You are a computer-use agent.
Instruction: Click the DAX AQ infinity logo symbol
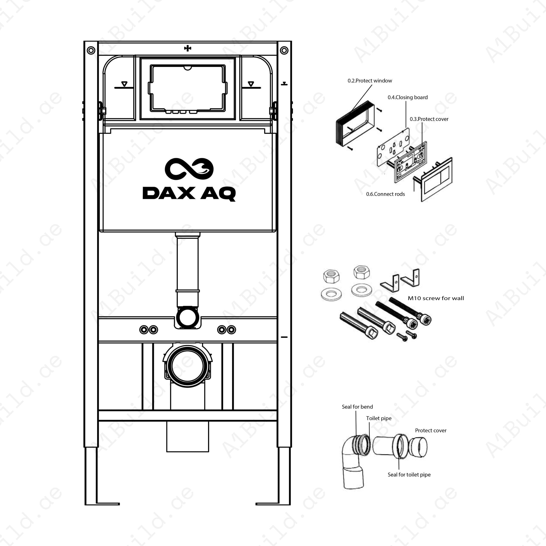(x=189, y=169)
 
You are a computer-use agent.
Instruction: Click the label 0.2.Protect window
(x=370, y=81)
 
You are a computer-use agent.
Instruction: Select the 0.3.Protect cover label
(x=429, y=119)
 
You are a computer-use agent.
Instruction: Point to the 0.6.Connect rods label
(x=385, y=194)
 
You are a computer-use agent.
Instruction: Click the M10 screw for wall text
(x=435, y=298)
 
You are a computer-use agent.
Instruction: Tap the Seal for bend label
(x=357, y=407)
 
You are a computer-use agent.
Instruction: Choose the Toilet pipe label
(x=379, y=418)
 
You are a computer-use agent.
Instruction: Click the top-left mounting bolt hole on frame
(x=91, y=51)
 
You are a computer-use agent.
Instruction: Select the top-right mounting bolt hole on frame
(x=284, y=51)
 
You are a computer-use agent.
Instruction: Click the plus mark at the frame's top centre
(x=187, y=48)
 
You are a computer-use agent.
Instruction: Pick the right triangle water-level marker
(x=251, y=84)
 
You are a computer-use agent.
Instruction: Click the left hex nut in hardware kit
(x=331, y=276)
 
